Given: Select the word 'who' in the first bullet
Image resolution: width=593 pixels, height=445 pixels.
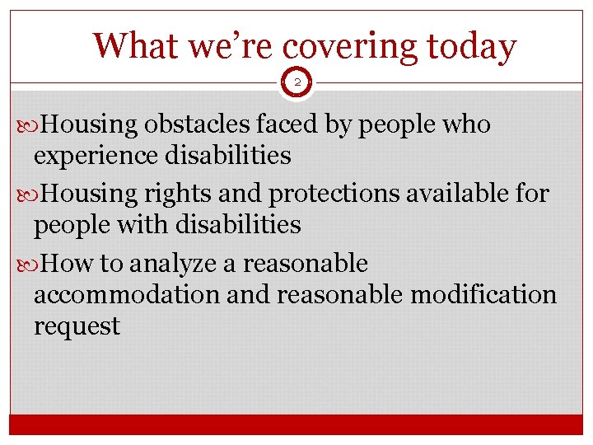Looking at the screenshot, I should coord(467,124).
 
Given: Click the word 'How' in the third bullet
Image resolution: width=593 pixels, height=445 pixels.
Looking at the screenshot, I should coord(67,264).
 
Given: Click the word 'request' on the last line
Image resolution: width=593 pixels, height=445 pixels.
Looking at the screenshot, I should coord(77,326).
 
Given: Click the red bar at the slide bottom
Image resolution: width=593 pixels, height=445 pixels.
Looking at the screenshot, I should coord(296,424).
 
